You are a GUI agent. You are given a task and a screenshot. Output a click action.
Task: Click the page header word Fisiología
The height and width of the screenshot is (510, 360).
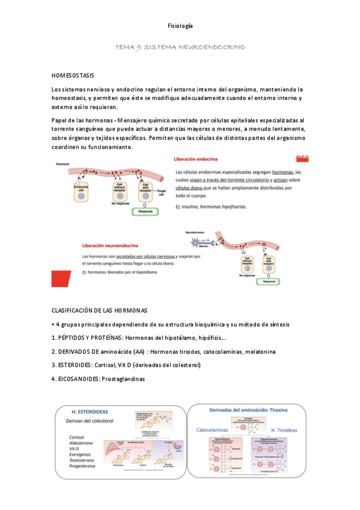tap(180, 26)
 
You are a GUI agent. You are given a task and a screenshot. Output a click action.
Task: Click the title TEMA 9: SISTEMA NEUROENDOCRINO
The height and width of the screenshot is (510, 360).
tap(180, 46)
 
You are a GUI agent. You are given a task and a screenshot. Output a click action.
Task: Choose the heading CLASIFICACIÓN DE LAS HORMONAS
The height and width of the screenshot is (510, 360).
tap(99, 310)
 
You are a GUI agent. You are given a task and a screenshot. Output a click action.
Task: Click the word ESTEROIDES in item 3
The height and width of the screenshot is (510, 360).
tap(75, 365)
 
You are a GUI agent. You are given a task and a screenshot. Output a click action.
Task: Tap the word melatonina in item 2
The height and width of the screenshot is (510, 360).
tap(259, 351)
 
